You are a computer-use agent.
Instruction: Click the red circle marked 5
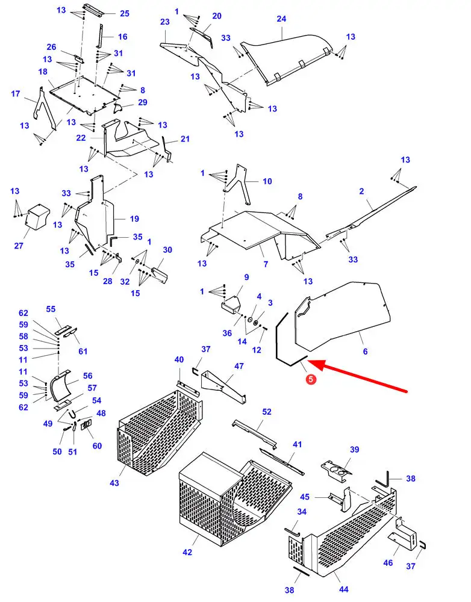click(x=311, y=379)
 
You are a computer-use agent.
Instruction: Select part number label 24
click(x=281, y=19)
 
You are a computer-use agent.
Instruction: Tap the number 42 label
click(x=187, y=552)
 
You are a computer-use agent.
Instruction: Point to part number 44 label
click(x=344, y=589)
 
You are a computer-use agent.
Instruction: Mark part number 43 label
click(x=115, y=483)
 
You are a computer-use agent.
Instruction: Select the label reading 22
click(x=81, y=138)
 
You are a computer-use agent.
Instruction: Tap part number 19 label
click(x=134, y=219)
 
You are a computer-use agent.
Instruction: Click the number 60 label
click(x=97, y=445)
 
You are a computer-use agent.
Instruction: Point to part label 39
click(x=354, y=450)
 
